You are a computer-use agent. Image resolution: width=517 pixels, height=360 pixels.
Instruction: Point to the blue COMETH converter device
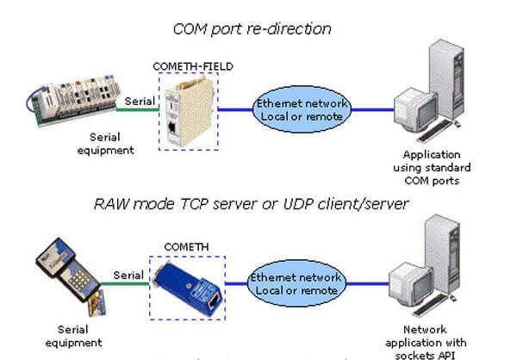coord(184,282)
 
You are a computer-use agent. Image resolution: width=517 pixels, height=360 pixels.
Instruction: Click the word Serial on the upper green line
coord(140,101)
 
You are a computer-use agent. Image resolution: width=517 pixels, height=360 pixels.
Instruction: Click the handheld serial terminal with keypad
coord(60,267)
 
